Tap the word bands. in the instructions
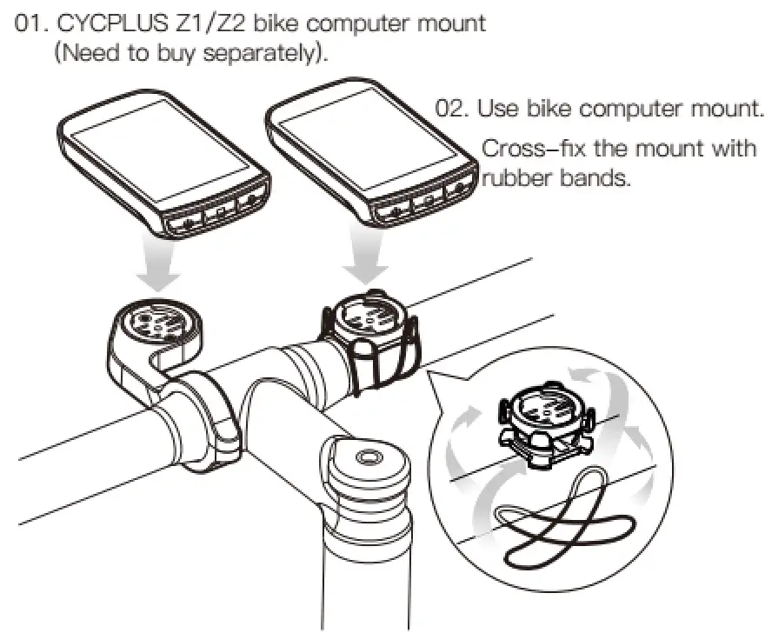pyautogui.click(x=596, y=180)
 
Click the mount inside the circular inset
pyautogui.click(x=544, y=422)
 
